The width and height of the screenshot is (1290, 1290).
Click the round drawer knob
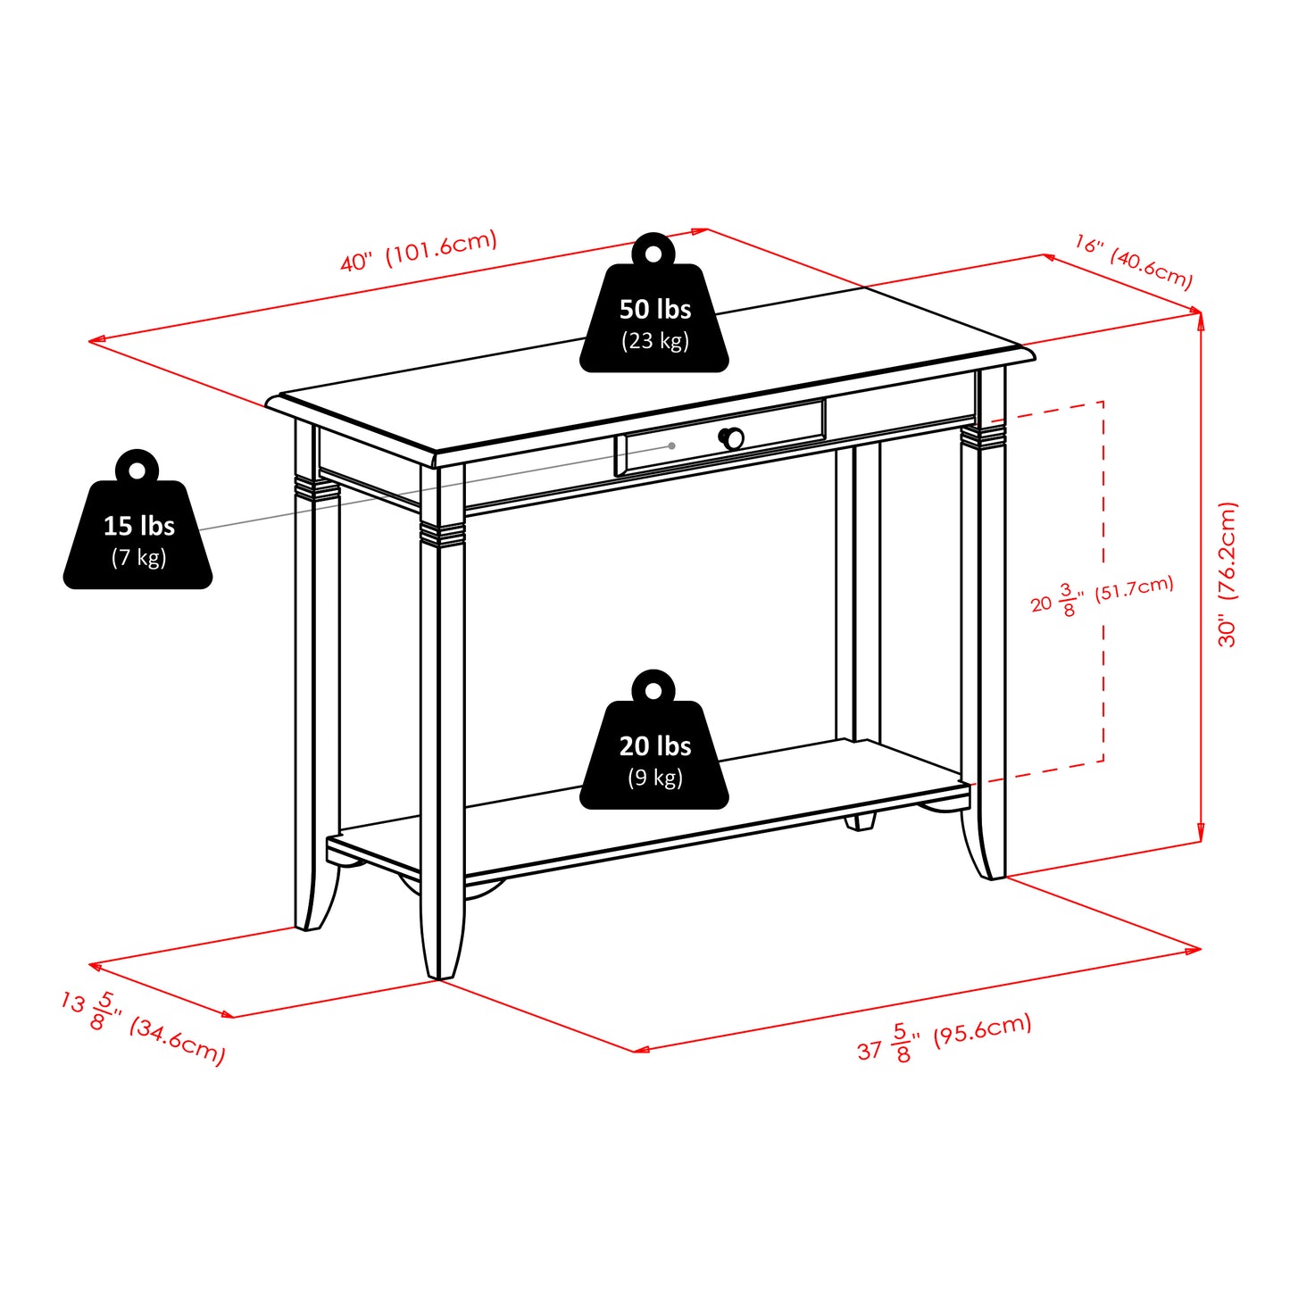(x=732, y=438)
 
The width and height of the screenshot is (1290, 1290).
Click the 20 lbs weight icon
(x=654, y=750)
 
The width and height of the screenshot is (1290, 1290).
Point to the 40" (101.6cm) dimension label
(x=418, y=251)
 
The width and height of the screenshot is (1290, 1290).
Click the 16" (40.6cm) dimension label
(x=1133, y=262)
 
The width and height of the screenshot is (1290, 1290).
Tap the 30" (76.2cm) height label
(x=1228, y=574)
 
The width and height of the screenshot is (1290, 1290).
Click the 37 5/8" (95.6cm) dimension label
(x=944, y=1037)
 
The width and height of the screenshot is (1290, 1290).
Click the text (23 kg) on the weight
(x=654, y=341)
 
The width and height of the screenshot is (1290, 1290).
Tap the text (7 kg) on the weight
(x=138, y=558)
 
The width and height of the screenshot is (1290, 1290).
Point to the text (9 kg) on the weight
(x=654, y=778)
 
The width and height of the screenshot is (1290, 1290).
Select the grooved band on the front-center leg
(x=443, y=533)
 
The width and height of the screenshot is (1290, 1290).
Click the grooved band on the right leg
(x=983, y=435)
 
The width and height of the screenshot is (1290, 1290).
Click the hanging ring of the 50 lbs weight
(x=653, y=254)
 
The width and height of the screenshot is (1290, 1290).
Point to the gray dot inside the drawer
(x=671, y=445)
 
